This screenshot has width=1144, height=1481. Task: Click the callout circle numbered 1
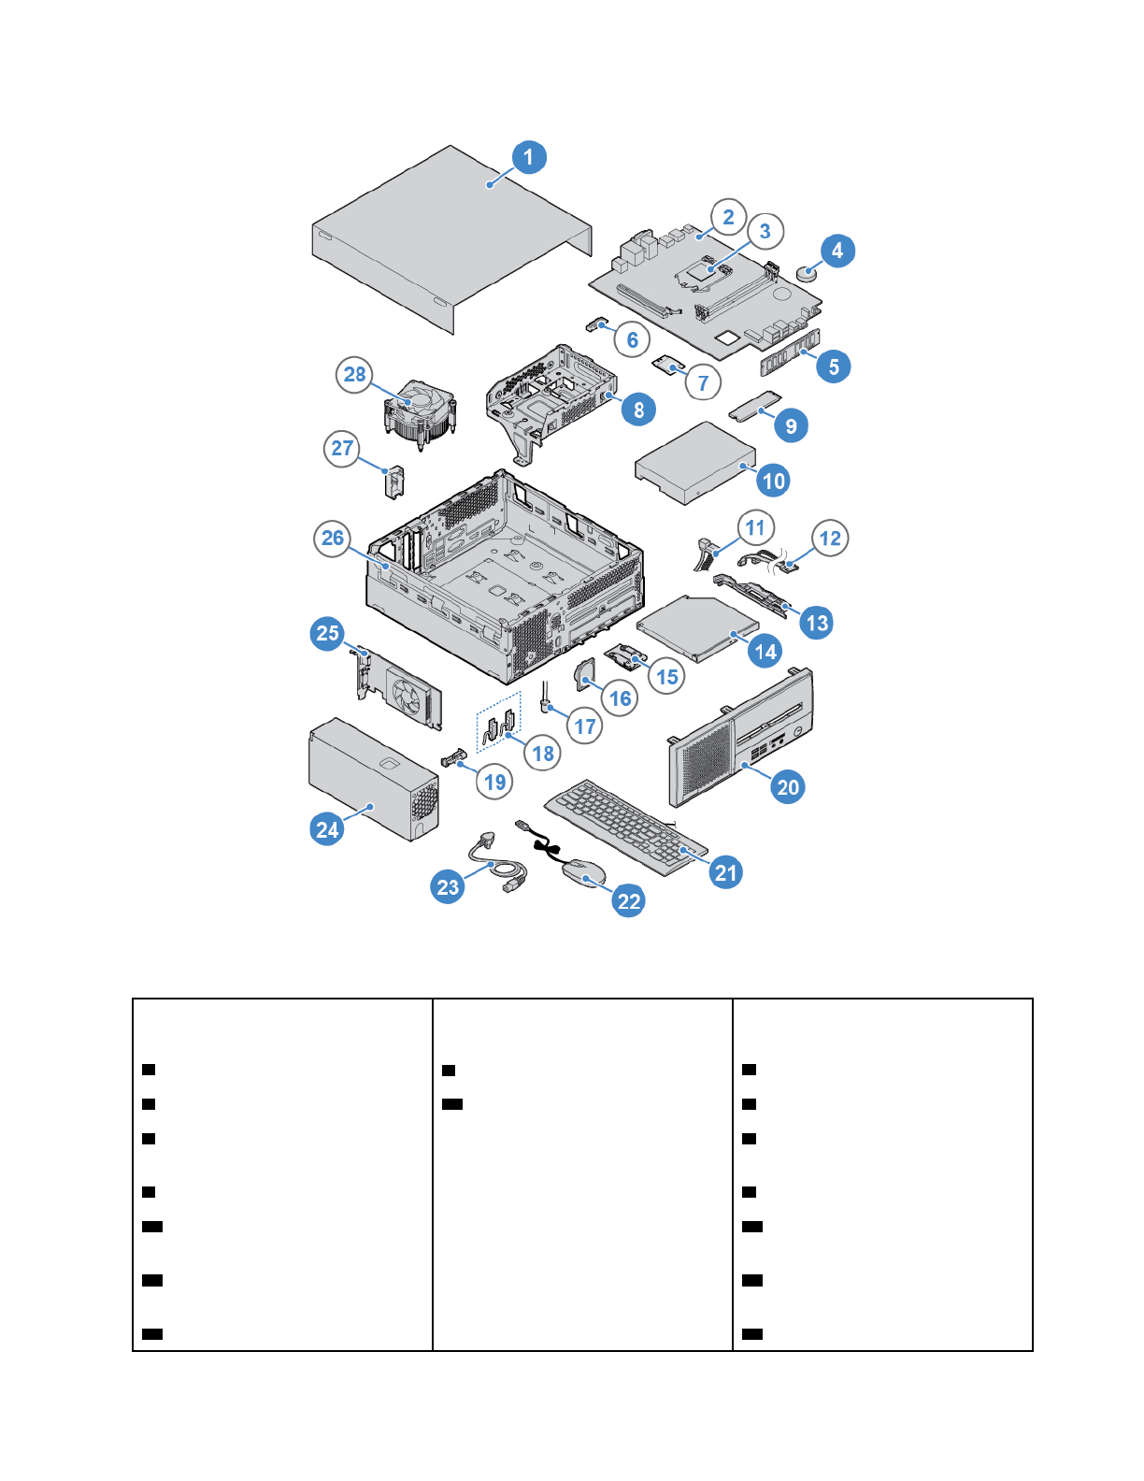[x=529, y=157]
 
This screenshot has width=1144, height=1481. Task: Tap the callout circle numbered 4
[x=837, y=251]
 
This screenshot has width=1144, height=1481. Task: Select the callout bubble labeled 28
[x=354, y=374]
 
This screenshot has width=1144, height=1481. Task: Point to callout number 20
[x=788, y=787]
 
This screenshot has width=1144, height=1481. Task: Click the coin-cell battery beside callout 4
[x=807, y=274]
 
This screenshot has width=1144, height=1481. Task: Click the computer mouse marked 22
[x=583, y=873]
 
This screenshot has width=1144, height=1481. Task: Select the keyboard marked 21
[x=625, y=827]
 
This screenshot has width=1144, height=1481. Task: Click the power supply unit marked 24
[x=373, y=779]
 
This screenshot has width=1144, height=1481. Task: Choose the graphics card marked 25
[x=398, y=687]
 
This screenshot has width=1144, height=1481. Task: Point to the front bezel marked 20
[x=739, y=737]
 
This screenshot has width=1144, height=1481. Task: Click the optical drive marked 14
[x=698, y=627]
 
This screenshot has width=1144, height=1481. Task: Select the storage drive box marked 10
[x=695, y=464]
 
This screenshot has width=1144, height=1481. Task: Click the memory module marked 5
[x=791, y=352]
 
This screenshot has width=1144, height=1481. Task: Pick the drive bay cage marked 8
[x=551, y=404]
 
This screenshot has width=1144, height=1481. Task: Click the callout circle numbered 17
[x=584, y=726]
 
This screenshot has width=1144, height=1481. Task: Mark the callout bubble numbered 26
[x=332, y=539]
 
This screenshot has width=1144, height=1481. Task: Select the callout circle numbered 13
[x=817, y=623]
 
